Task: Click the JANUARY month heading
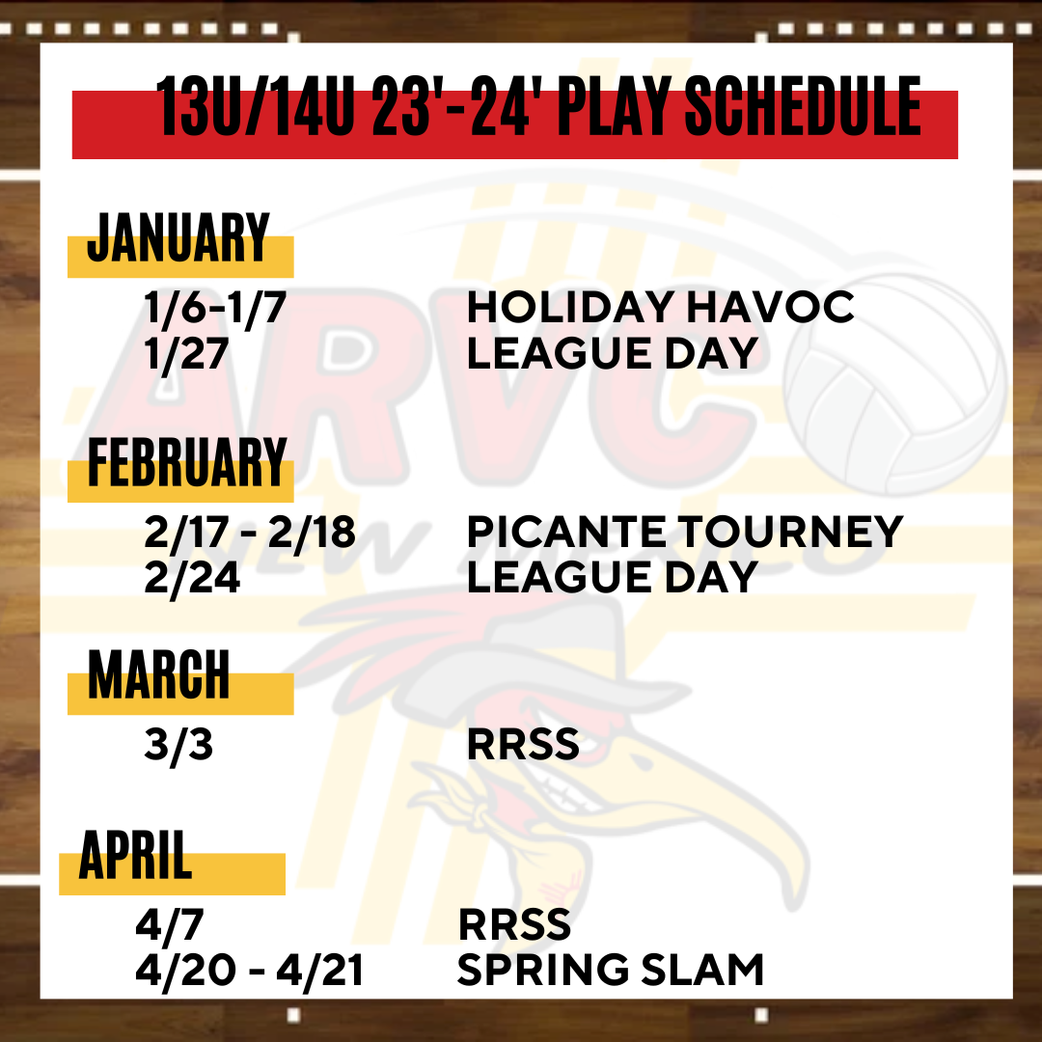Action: (x=178, y=238)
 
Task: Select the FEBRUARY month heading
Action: (x=187, y=462)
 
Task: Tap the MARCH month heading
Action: (x=159, y=674)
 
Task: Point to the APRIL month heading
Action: (x=136, y=855)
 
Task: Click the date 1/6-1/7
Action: (x=215, y=308)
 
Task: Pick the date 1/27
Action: (x=187, y=353)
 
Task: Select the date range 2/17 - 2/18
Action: (x=250, y=533)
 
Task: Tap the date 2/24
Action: (x=192, y=578)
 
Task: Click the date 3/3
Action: (x=178, y=744)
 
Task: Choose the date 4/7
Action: (x=170, y=925)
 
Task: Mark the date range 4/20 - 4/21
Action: (x=249, y=971)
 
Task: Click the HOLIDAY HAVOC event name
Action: (x=661, y=307)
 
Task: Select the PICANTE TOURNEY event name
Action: (x=685, y=532)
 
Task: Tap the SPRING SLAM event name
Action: (x=611, y=970)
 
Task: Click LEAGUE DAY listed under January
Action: (x=613, y=353)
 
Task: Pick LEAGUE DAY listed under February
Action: (x=613, y=577)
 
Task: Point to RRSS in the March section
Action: (x=523, y=744)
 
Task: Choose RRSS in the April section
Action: (x=514, y=925)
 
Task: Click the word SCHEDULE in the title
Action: (x=804, y=106)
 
